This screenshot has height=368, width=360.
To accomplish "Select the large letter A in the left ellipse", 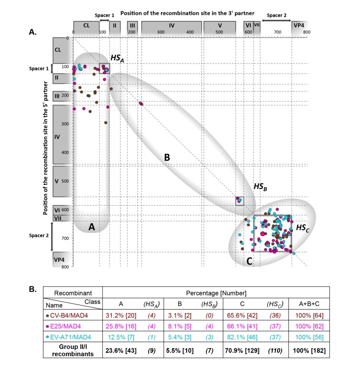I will (92, 228).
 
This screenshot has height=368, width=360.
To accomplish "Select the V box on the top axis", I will (220, 26).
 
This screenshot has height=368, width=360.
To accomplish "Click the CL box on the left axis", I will (62, 49).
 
